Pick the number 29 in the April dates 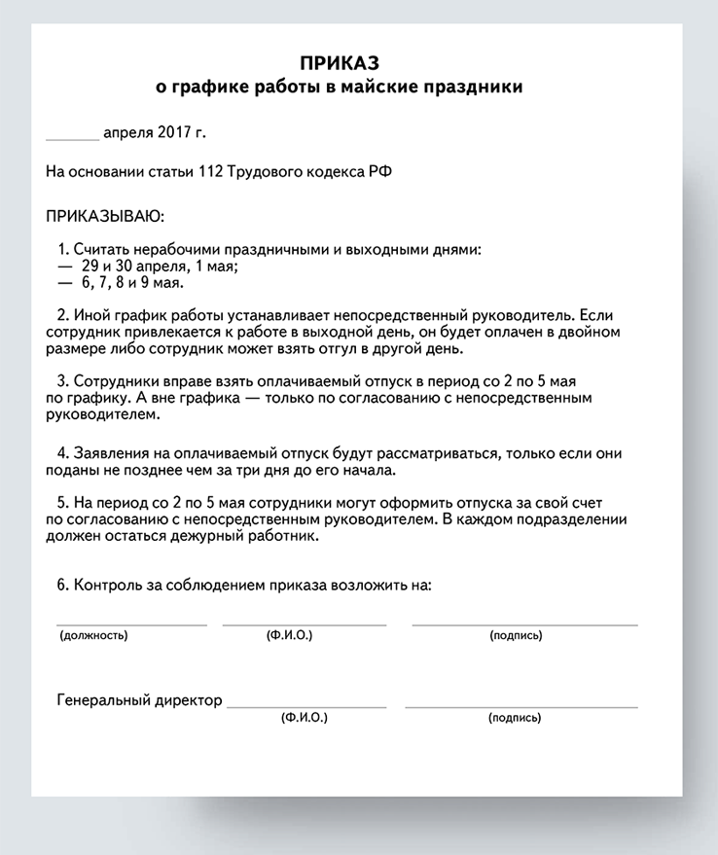pos(91,266)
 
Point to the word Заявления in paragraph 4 pos(108,454)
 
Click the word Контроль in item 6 pos(106,586)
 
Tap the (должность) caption pos(93,635)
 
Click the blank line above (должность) pos(131,623)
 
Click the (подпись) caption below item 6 pos(516,635)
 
